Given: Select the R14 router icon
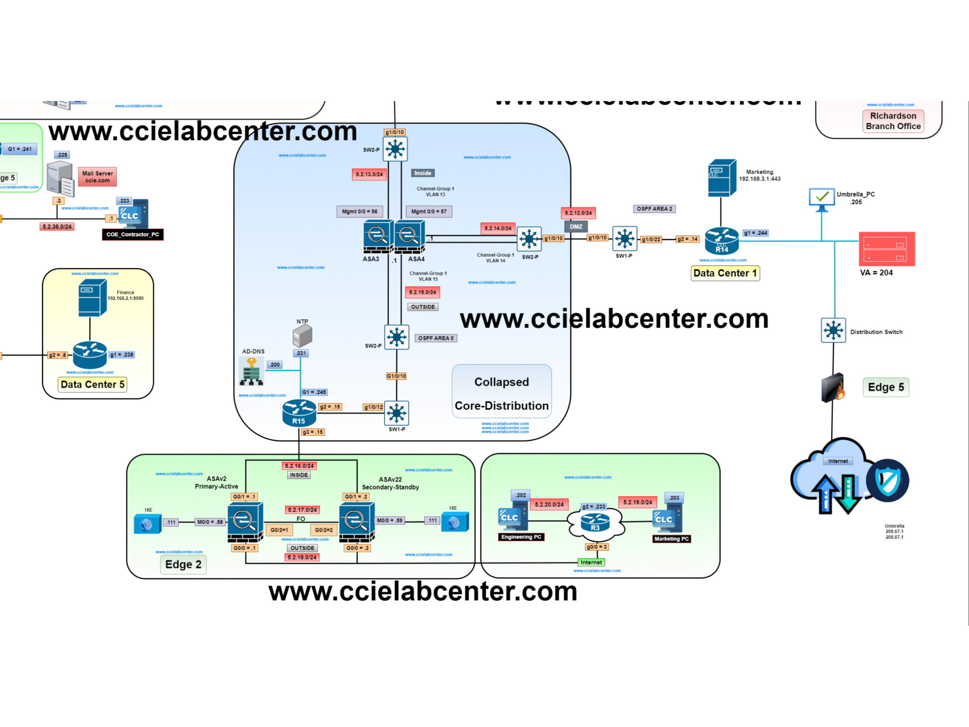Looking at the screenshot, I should coord(722,240).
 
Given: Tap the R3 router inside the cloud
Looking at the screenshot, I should coord(595,523).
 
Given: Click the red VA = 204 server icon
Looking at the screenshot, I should coord(887,249).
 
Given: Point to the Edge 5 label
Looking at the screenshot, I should coord(886,387).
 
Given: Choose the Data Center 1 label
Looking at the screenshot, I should coord(725,273).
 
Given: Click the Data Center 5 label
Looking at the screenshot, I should coord(93,384).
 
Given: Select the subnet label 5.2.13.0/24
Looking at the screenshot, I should coord(370,174).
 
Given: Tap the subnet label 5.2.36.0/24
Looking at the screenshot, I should coord(57,227).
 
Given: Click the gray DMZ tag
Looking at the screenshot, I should coord(576,227).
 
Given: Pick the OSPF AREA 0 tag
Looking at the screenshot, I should coord(436,338).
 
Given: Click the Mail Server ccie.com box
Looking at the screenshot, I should coord(97,177).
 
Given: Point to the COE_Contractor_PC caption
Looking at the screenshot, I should coord(132,234).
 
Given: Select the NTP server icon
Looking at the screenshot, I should coord(302,336).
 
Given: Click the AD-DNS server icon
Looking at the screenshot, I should coord(251,371).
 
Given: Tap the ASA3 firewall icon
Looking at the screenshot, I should coord(378,236).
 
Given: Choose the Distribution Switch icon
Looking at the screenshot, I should coord(833,330).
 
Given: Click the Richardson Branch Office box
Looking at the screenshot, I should coord(893,121).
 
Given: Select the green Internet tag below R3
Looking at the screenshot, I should coord(591,562).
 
